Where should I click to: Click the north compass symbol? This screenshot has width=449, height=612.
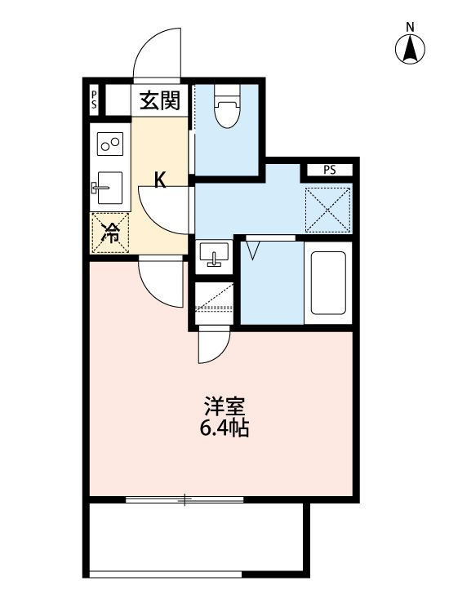pyautogui.click(x=411, y=48)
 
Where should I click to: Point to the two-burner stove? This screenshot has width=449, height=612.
pyautogui.click(x=109, y=145)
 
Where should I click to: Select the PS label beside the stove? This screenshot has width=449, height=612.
pyautogui.click(x=95, y=100)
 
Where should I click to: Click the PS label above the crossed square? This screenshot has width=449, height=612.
pyautogui.click(x=330, y=171)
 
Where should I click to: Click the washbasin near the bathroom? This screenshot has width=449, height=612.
pyautogui.click(x=215, y=255)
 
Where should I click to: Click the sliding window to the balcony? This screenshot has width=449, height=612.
pyautogui.click(x=185, y=499)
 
